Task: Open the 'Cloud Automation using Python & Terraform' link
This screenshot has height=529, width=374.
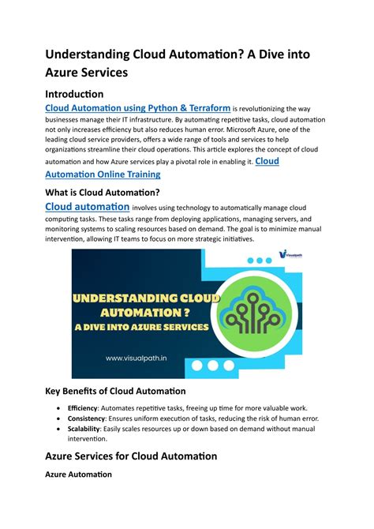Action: [138, 108]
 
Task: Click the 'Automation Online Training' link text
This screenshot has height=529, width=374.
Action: [103, 174]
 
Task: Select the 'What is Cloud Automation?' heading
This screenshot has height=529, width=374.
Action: [103, 193]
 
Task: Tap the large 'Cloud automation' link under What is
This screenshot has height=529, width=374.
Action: [88, 207]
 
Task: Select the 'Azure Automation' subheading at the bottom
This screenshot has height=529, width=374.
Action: [79, 475]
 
